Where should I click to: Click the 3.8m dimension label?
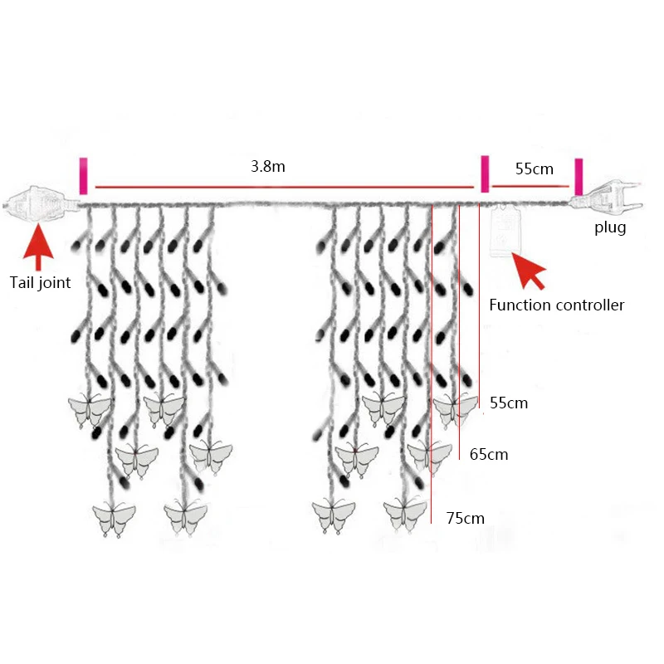(x=268, y=166)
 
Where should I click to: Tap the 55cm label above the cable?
(x=534, y=168)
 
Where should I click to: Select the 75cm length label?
(x=465, y=518)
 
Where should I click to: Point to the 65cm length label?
(x=489, y=454)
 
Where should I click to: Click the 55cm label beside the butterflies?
(x=509, y=403)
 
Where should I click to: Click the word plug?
(x=610, y=227)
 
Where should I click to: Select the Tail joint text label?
(x=41, y=282)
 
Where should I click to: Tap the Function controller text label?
(x=556, y=305)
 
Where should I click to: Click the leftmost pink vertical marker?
(x=83, y=176)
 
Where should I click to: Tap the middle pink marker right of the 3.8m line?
(x=485, y=174)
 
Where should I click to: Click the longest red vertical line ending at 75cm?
(x=432, y=365)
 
